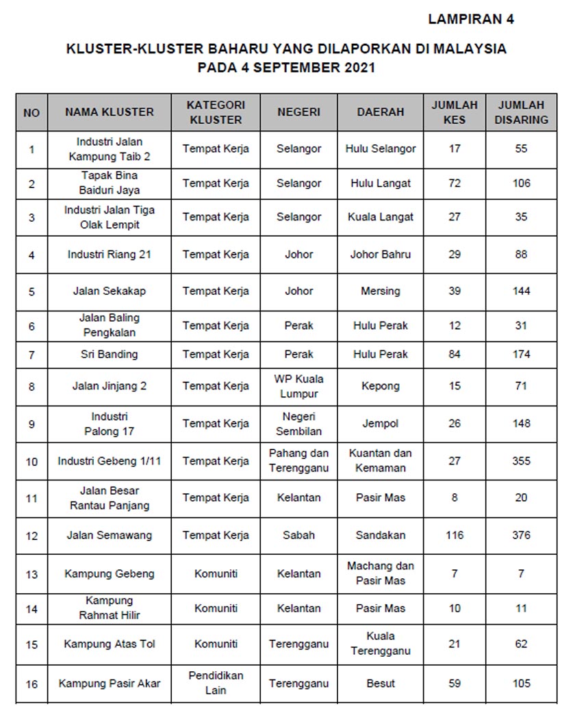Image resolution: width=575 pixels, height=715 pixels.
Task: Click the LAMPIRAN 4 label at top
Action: click(471, 19)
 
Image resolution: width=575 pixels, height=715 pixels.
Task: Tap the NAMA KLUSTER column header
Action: click(110, 112)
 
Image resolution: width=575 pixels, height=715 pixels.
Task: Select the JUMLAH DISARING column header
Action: click(521, 112)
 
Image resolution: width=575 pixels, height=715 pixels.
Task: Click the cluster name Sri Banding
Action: click(110, 354)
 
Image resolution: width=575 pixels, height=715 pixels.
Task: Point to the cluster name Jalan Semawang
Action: click(110, 535)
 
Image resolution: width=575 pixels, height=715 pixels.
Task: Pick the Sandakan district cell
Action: click(381, 535)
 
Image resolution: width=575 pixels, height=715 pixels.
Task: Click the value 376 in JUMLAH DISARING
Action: click(521, 535)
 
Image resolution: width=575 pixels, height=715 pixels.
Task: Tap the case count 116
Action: click(455, 535)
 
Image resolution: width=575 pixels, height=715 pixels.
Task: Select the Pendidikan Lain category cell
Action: click(216, 683)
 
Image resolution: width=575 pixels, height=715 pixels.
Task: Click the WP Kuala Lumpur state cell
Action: click(299, 386)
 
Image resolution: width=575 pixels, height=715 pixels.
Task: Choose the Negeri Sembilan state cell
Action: click(299, 424)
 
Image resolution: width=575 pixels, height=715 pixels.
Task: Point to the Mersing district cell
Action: click(381, 291)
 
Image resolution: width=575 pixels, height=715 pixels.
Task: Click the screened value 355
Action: click(521, 461)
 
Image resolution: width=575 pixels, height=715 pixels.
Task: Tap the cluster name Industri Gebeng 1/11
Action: click(110, 461)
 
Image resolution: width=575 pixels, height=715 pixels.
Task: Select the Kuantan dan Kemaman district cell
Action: click(381, 460)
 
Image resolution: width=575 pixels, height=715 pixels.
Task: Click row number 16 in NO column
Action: click(31, 684)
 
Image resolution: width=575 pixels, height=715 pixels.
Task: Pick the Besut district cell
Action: click(381, 683)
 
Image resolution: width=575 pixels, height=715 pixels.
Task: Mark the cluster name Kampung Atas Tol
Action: click(110, 644)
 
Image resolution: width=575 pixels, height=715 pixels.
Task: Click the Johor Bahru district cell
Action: click(381, 255)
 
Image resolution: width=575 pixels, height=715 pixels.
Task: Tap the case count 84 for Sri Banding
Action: click(455, 354)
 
